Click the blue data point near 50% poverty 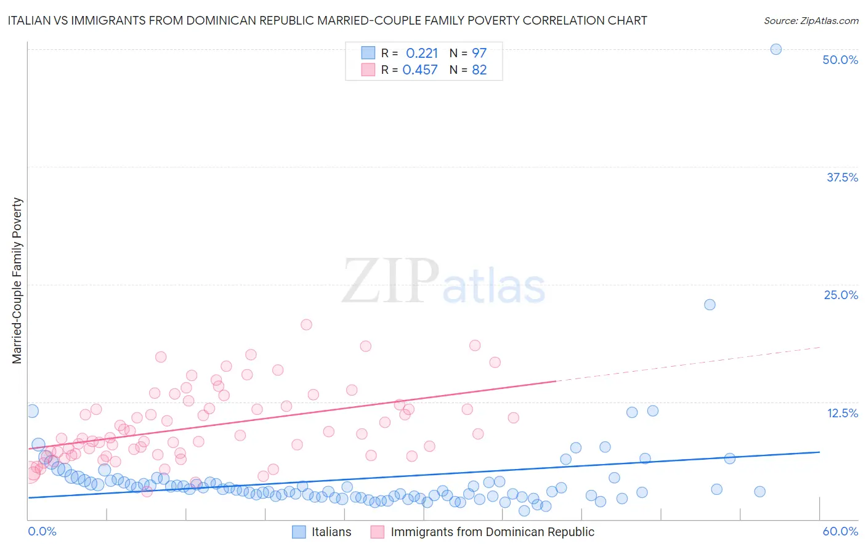point(776,49)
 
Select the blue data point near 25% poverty point(710,305)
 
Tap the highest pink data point point(306,324)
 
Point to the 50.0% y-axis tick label point(840,60)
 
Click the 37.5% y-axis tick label point(842,177)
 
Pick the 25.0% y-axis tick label point(841,295)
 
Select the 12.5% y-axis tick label point(842,413)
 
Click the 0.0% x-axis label point(42,531)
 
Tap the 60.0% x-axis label point(840,531)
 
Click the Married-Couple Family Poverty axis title point(17,281)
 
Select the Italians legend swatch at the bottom point(299,532)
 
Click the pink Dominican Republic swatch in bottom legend point(377,532)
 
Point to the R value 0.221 point(422,54)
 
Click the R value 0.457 point(420,70)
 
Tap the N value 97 point(479,54)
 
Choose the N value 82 point(479,70)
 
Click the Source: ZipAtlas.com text point(811,21)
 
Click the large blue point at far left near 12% point(32,411)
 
